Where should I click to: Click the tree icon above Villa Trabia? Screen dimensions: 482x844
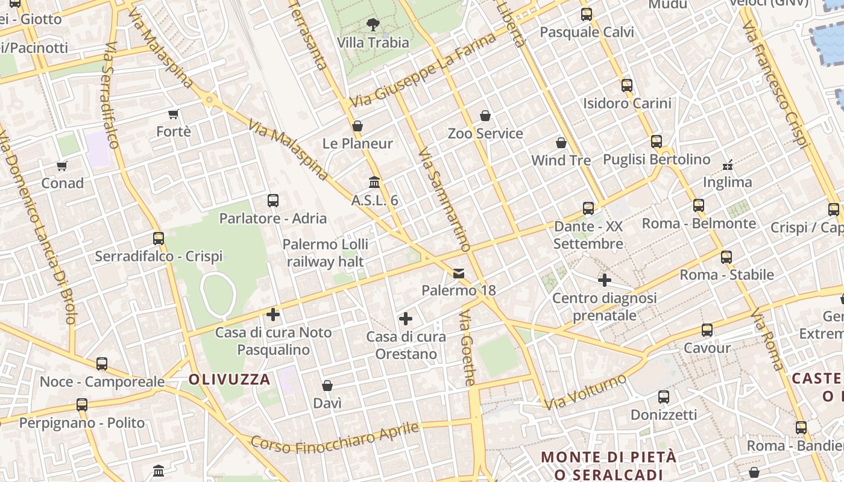click(x=373, y=25)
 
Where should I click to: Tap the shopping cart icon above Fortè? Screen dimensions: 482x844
click(x=174, y=114)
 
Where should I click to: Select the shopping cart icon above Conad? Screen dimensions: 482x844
click(x=61, y=166)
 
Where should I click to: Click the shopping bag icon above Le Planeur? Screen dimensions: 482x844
click(x=357, y=126)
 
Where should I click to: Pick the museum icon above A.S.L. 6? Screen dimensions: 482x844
click(x=374, y=182)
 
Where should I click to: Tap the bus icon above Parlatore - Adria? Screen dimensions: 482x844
click(x=273, y=201)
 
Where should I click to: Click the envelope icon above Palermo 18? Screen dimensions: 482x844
click(x=459, y=274)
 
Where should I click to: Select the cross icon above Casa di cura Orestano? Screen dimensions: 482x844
click(x=406, y=319)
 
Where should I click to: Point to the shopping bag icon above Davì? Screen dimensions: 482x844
click(x=327, y=386)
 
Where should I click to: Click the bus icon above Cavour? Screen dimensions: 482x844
click(x=707, y=330)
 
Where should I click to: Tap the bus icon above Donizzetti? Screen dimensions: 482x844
click(x=664, y=397)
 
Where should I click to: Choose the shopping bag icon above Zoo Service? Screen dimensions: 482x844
click(x=485, y=116)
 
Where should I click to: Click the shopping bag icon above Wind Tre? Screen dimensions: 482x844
click(x=561, y=143)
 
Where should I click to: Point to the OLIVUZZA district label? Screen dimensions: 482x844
click(x=230, y=380)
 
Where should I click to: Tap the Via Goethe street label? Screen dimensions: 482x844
click(x=467, y=348)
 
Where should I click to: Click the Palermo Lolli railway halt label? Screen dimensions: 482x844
click(x=326, y=253)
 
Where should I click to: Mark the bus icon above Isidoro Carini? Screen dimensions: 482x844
click(x=627, y=86)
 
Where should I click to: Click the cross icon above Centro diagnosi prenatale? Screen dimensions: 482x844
click(x=605, y=280)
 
